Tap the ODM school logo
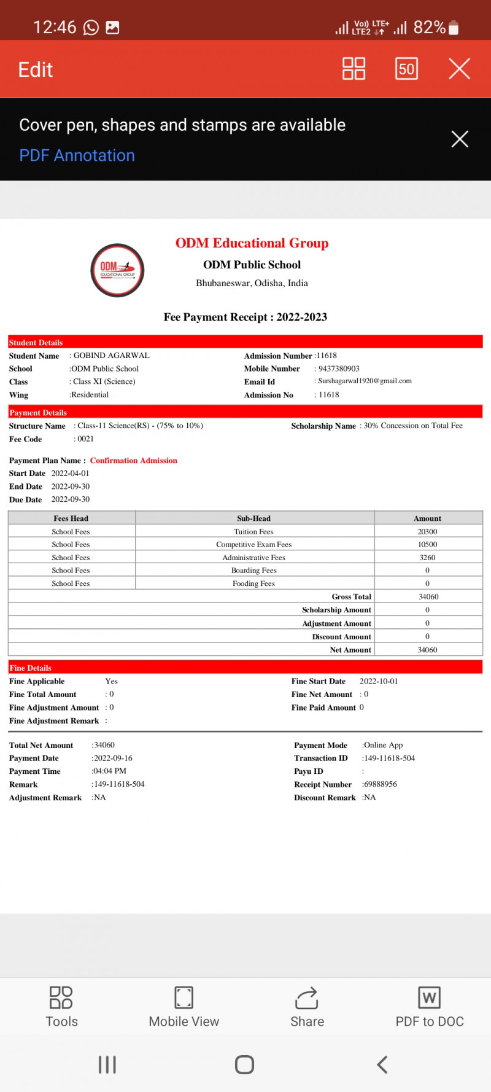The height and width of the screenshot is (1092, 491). [x=117, y=270]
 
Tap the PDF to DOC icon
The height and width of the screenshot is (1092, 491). [x=429, y=998]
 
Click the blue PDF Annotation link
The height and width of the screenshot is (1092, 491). [x=77, y=155]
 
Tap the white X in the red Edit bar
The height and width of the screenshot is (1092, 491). [x=459, y=69]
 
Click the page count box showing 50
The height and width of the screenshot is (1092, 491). [x=406, y=69]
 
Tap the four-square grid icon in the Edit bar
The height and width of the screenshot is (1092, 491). [x=354, y=69]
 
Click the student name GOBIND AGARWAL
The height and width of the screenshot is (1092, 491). [x=111, y=356]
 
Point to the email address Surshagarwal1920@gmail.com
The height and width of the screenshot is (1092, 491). [x=365, y=381]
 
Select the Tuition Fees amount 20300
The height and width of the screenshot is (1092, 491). [x=427, y=532]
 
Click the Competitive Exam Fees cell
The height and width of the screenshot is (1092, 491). [x=253, y=545]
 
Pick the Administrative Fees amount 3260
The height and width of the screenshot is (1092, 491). [x=427, y=558]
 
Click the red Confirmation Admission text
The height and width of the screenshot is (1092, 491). [x=133, y=461]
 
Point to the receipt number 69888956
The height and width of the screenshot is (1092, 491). [x=381, y=784]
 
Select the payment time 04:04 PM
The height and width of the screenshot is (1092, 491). [x=110, y=771]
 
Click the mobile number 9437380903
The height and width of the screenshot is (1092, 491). [x=339, y=369]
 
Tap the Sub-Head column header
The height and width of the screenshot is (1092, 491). [x=253, y=518]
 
